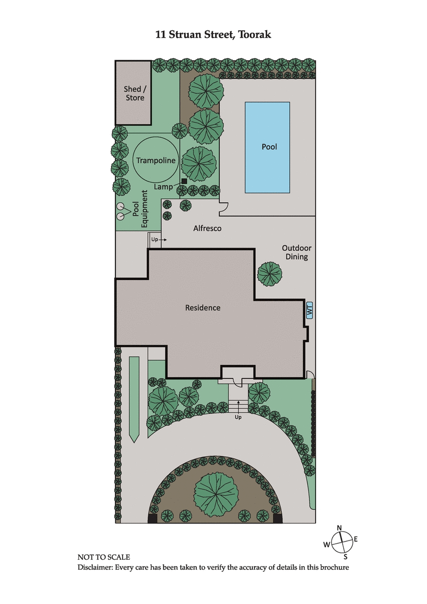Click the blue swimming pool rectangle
(267, 147)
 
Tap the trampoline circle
(155, 160)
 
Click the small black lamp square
(184, 181)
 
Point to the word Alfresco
(207, 228)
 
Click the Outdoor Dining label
(296, 252)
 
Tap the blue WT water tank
(309, 311)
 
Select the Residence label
(203, 308)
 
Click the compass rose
(342, 543)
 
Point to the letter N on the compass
(339, 528)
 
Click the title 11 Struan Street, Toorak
(213, 35)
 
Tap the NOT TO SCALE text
(104, 557)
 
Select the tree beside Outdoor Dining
(270, 274)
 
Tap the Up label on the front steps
(238, 417)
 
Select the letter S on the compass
(345, 557)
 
